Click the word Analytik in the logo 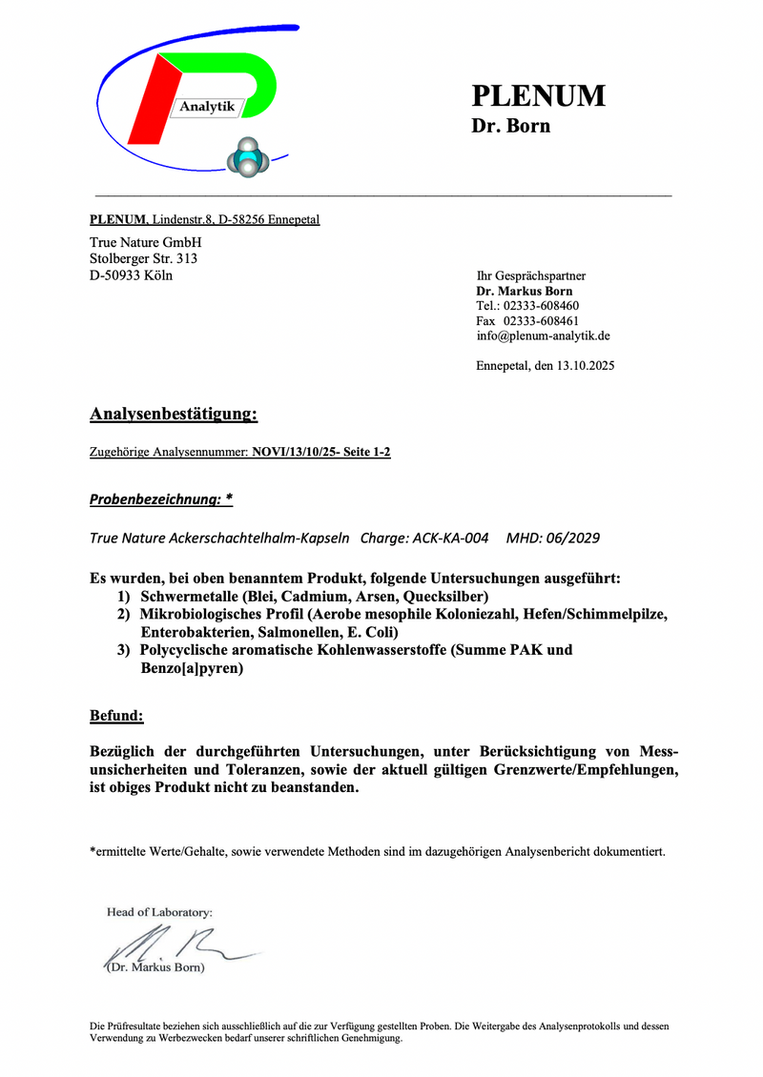coord(207,107)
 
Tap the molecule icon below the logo coord(247,157)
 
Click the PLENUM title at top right coord(538,96)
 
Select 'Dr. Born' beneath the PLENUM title coord(510,126)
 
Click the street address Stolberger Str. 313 coord(144,258)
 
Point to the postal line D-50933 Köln coord(132,275)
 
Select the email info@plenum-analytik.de coord(544,336)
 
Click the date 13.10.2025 coord(583,366)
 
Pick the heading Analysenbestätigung coord(174,415)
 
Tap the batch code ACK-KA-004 coord(451,538)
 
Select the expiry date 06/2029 coord(569,538)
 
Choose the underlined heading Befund coord(116,715)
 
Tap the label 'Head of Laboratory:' coord(159,912)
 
